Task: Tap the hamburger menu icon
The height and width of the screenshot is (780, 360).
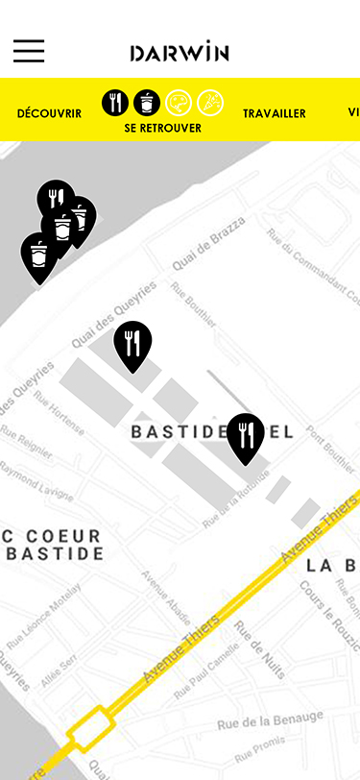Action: [x=29, y=51]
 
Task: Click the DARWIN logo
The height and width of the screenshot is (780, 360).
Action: [x=180, y=52]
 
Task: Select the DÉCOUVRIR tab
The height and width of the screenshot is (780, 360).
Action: [x=49, y=113]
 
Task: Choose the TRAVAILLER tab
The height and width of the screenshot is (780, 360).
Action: [x=275, y=113]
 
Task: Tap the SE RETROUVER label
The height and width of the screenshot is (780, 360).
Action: [x=163, y=128]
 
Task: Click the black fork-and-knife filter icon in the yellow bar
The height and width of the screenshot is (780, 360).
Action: [x=115, y=102]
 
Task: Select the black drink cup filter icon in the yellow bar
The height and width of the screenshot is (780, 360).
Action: [x=147, y=102]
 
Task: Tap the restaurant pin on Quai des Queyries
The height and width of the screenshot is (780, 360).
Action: [x=132, y=343]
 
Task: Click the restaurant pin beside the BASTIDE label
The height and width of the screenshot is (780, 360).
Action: [x=246, y=435]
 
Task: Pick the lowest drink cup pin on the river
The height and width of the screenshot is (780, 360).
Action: [x=38, y=255]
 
